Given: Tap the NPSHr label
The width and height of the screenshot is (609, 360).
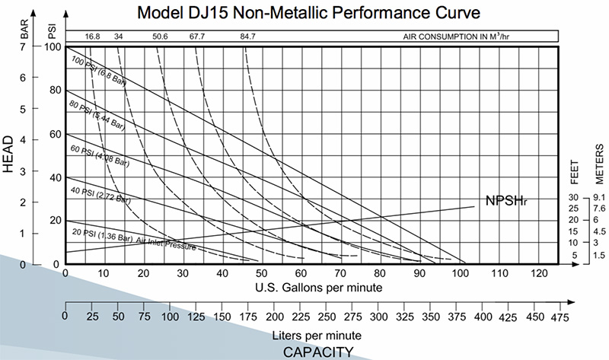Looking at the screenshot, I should pos(505,201).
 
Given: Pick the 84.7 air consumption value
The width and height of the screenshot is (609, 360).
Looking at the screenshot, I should pos(247,36).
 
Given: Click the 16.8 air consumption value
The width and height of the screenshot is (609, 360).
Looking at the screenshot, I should pos(92,36).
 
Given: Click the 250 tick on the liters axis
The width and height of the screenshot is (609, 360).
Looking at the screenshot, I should pos(325,317).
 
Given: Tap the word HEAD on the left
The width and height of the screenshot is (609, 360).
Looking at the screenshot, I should pos(10,156).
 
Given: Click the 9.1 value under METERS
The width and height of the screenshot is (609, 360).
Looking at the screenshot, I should pos(598,197).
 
